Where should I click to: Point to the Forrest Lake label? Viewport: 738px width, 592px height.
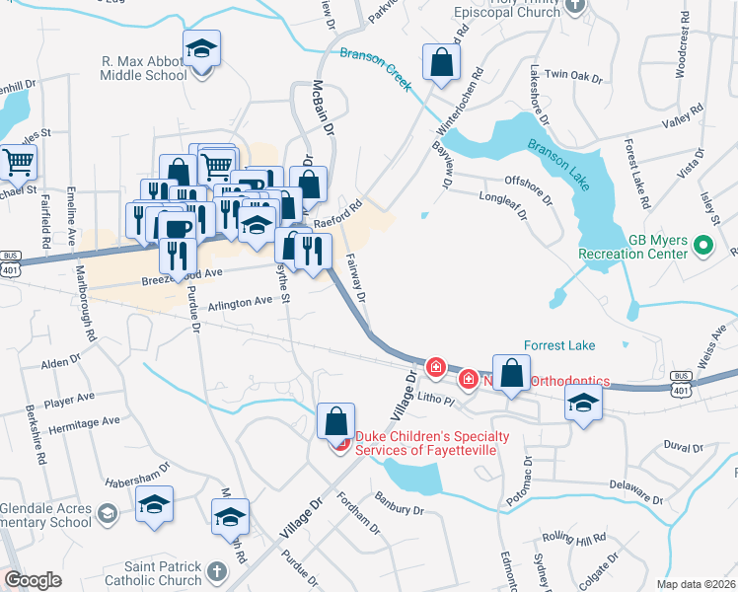559,345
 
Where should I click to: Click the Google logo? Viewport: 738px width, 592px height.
33,579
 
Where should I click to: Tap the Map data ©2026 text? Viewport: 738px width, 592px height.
696,584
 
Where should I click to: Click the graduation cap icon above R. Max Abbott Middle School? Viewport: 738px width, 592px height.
201,49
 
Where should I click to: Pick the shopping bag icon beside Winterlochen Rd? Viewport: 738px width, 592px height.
441,62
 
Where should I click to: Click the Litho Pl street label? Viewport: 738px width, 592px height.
434,399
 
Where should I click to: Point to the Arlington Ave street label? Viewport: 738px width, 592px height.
240,304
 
